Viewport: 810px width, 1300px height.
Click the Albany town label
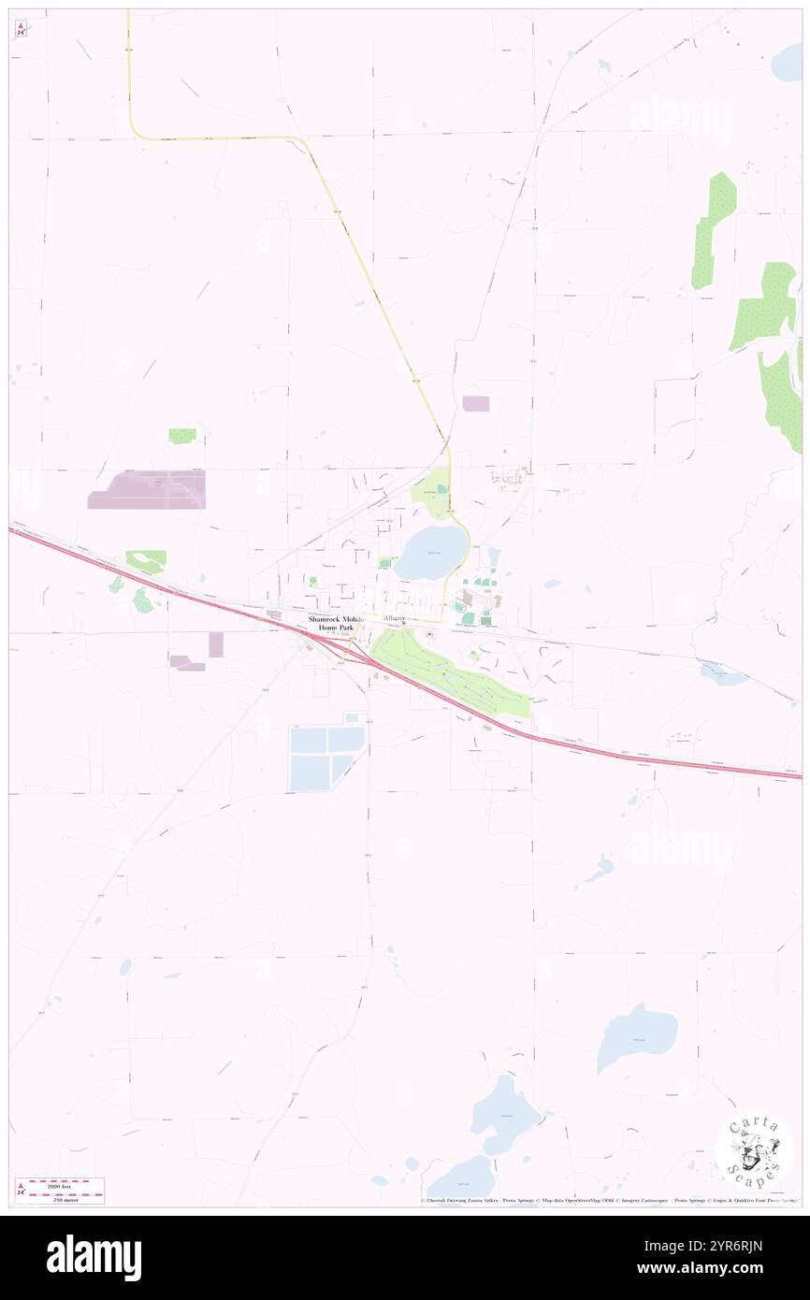pos(394,619)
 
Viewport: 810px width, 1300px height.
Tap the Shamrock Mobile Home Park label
pos(336,624)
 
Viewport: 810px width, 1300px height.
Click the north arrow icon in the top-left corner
pos(20,30)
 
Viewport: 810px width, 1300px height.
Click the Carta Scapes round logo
pos(754,1149)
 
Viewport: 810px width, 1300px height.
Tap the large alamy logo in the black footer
pos(94,1257)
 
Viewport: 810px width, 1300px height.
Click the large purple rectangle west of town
pos(147,490)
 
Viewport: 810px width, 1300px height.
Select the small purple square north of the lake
pos(475,403)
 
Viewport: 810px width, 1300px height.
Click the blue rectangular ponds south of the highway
pos(325,755)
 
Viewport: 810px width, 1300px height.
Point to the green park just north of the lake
pos(430,493)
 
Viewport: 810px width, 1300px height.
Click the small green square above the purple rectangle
pos(182,436)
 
